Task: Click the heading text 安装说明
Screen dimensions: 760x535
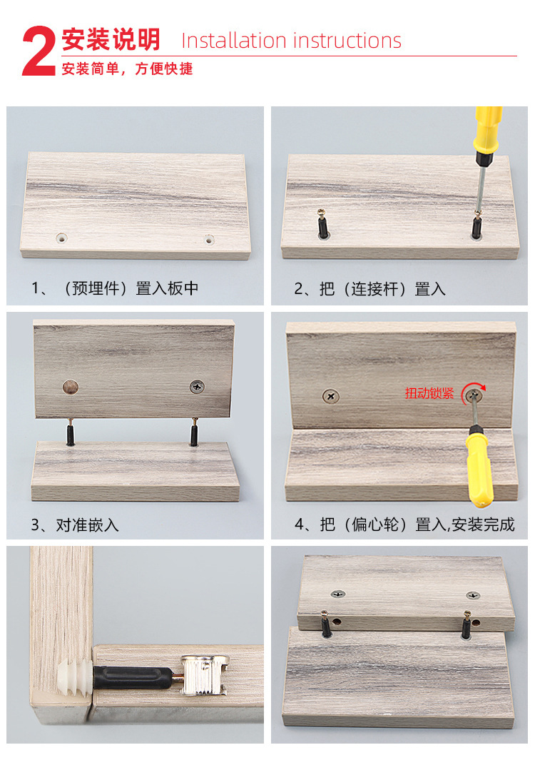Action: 111,40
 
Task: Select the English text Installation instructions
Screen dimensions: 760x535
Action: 291,41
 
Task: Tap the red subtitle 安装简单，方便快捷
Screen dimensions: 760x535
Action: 127,69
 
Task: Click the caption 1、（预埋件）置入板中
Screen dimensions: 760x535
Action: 115,288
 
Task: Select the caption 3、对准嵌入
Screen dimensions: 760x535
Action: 75,525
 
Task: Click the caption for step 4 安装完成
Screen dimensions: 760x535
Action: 404,525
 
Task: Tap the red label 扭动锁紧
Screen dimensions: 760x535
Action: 429,392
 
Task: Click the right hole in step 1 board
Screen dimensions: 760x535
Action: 208,239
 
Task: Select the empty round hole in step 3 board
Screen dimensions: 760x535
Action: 69,387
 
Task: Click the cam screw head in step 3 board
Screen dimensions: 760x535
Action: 196,387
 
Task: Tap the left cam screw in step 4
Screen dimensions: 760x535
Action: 330,395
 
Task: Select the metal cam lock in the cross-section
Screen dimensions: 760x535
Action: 203,675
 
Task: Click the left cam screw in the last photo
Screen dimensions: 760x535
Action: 336,594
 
